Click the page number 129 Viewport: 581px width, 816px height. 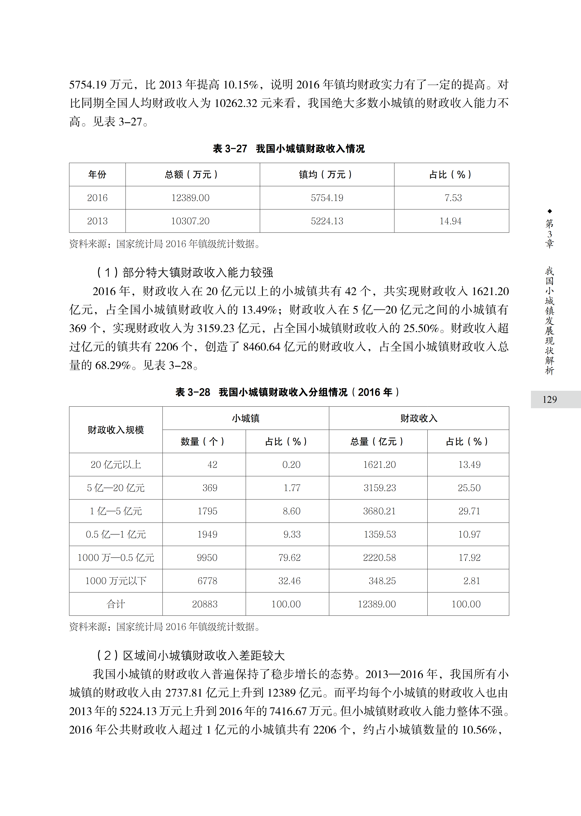pyautogui.click(x=549, y=400)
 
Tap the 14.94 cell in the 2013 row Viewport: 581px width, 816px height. pyautogui.click(x=451, y=221)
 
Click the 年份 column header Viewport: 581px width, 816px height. pyautogui.click(x=97, y=174)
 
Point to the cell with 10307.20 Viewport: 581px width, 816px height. pyautogui.click(x=190, y=221)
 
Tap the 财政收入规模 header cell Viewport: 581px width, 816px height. pyautogui.click(x=116, y=430)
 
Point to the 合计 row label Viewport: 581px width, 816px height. pyautogui.click(x=116, y=604)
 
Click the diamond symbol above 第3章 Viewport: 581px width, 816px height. pyautogui.click(x=549, y=211)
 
